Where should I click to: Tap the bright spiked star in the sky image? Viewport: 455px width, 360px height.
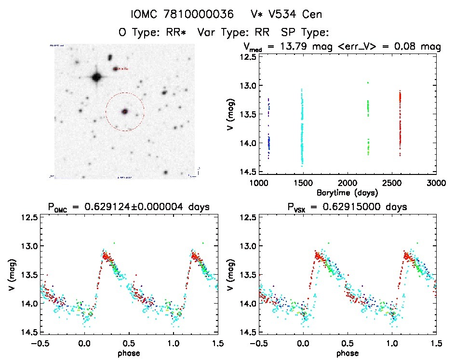96,77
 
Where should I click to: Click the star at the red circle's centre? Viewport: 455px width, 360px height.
125,111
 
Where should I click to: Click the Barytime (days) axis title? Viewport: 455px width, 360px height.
348,191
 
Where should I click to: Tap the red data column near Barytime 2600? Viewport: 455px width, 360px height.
400,120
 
